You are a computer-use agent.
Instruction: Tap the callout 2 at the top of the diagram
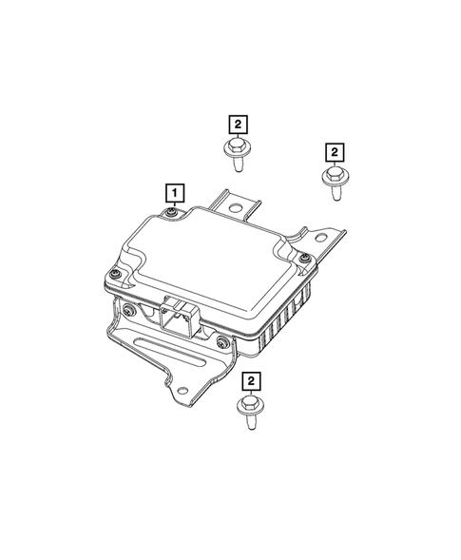tap(237, 123)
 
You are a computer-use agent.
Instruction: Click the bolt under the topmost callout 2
tap(235, 152)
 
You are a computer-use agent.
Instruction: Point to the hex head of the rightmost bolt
tap(332, 176)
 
